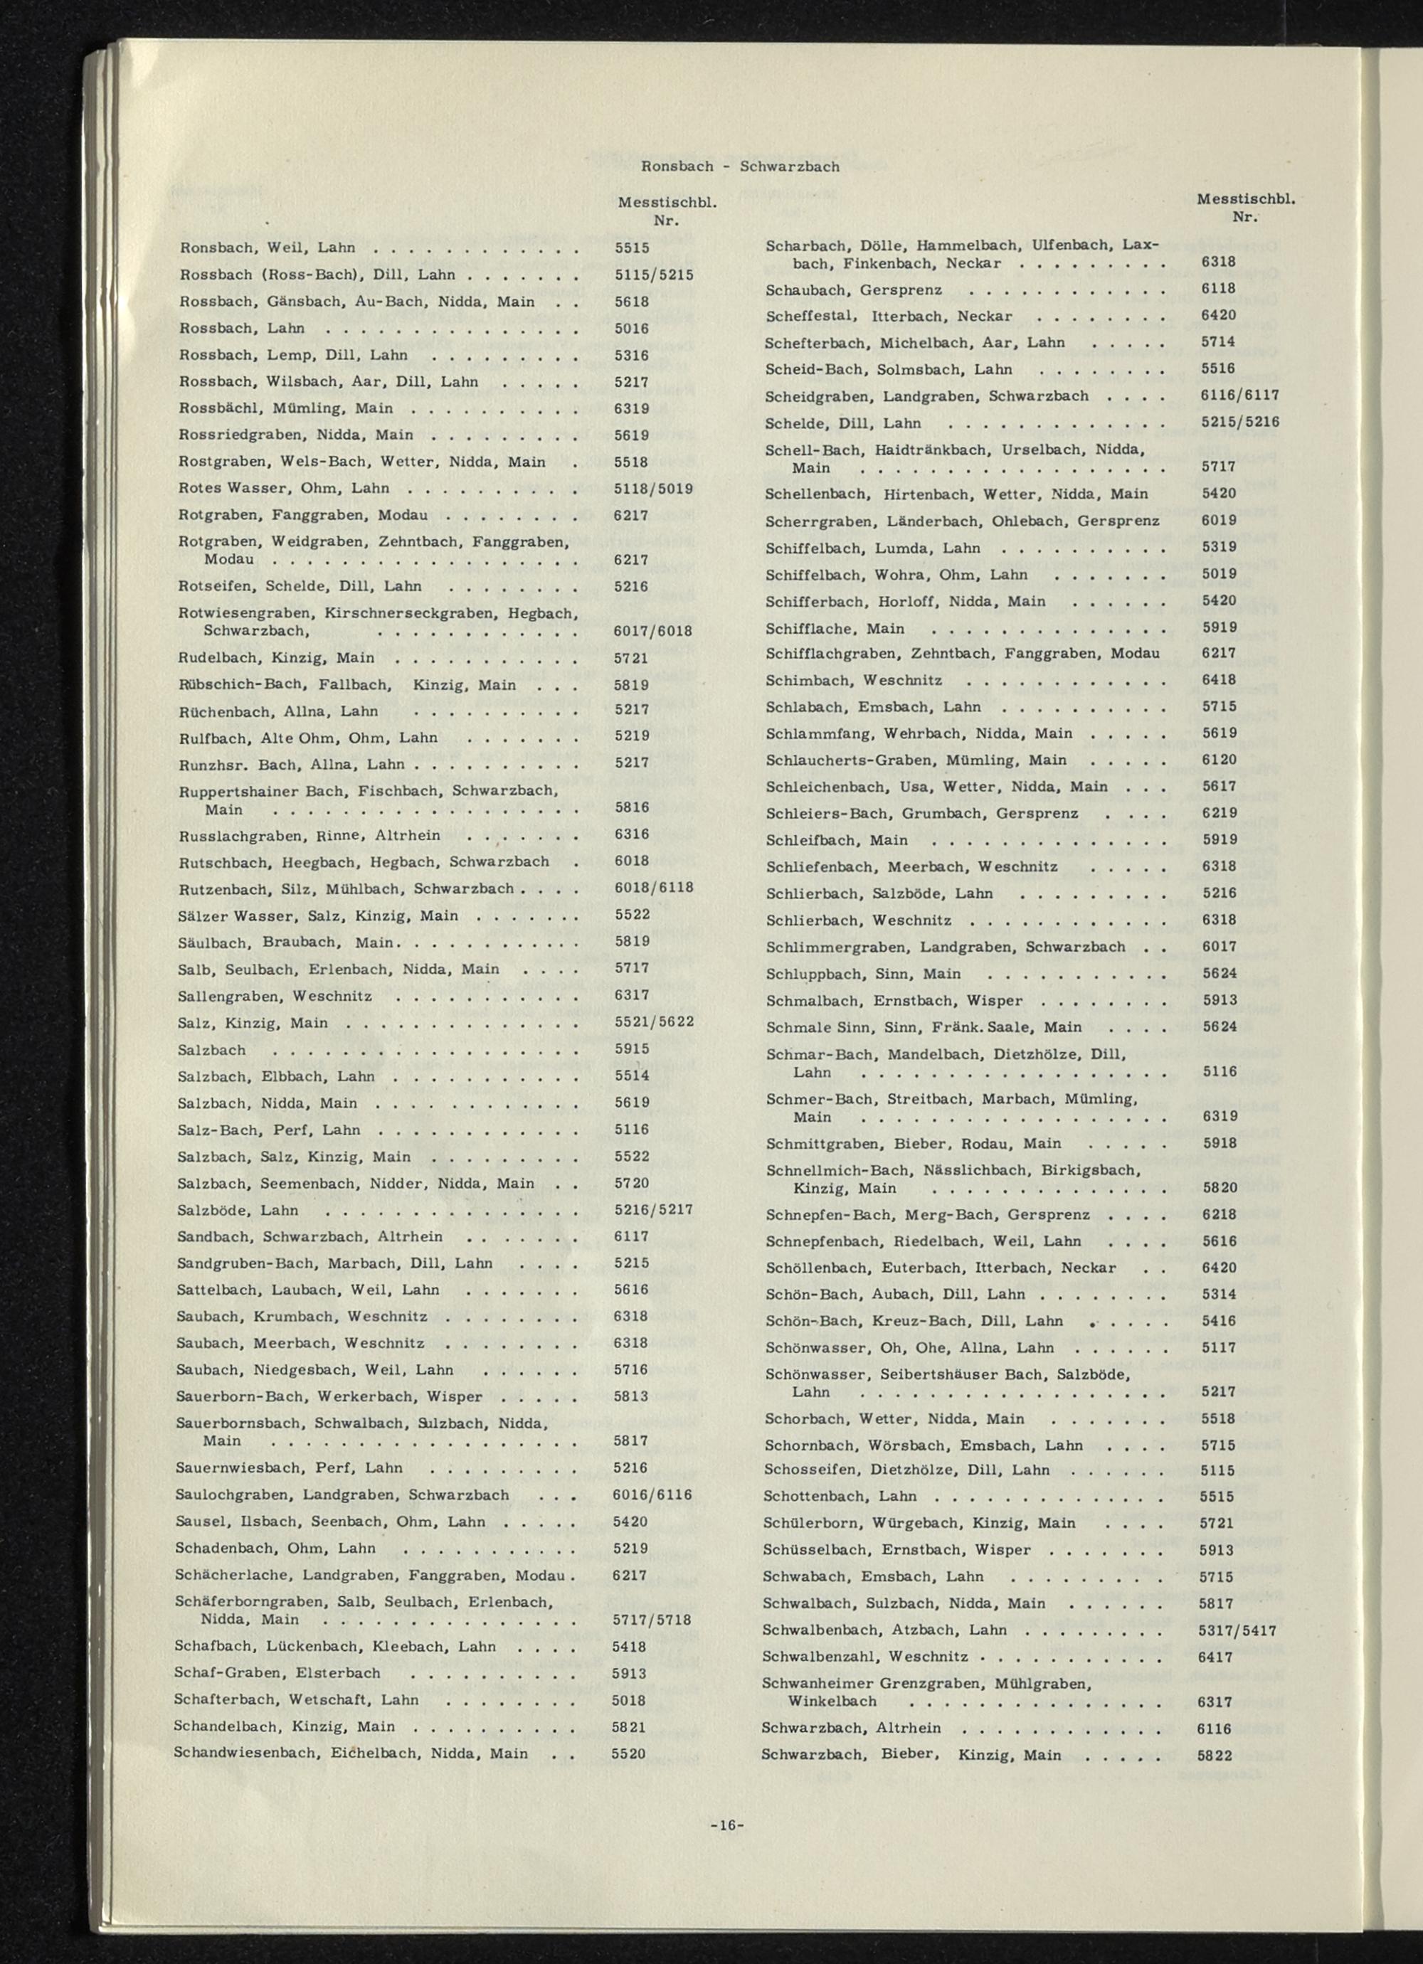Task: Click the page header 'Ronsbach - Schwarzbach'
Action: pyautogui.click(x=740, y=166)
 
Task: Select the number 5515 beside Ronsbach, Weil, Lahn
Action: pyautogui.click(x=633, y=248)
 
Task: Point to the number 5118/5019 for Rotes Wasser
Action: pyautogui.click(x=653, y=489)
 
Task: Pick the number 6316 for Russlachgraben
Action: pyautogui.click(x=633, y=835)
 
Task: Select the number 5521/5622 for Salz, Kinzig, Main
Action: pyautogui.click(x=654, y=1021)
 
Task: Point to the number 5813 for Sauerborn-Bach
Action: pyautogui.click(x=631, y=1397)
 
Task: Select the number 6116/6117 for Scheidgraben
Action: pyautogui.click(x=1240, y=395)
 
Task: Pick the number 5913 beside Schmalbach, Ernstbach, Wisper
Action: pyautogui.click(x=1220, y=1000)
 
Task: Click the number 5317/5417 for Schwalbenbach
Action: pyautogui.click(x=1238, y=1630)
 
